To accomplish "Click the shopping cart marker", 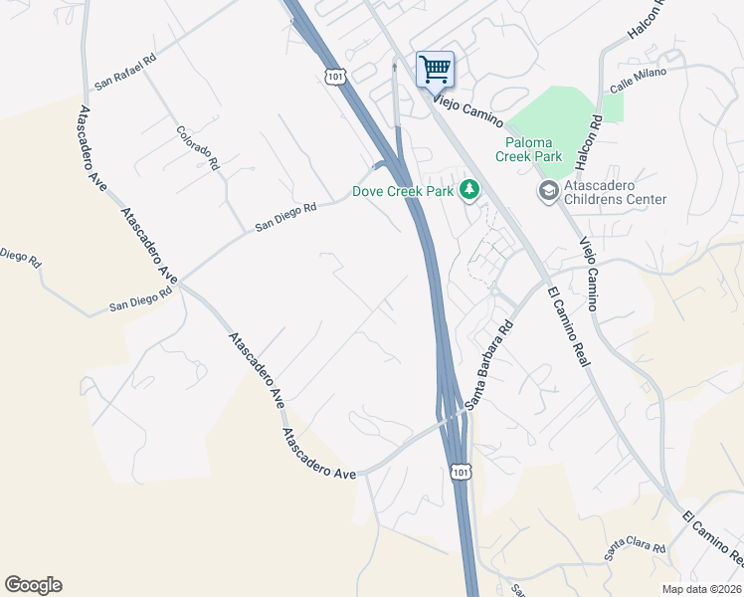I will [x=435, y=70].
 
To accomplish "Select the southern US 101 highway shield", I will [x=459, y=471].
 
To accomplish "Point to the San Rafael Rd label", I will [x=125, y=71].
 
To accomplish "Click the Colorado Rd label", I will [x=196, y=146].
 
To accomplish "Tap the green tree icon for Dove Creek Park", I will [x=467, y=190].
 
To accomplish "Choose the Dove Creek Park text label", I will [x=403, y=191].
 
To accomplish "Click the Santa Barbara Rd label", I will [x=488, y=363].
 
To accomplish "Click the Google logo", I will [x=33, y=585].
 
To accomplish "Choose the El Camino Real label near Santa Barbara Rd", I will [x=568, y=325].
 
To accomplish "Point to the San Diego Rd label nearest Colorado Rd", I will [x=285, y=218].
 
